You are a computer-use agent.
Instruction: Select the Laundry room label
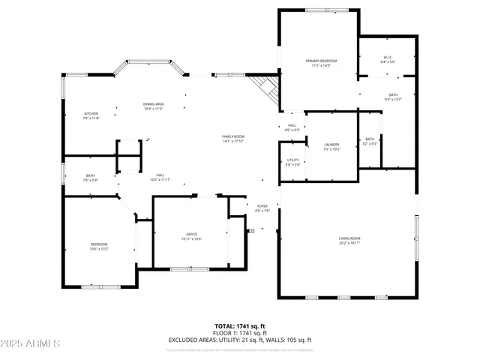(x=332, y=146)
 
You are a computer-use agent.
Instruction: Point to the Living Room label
(x=349, y=240)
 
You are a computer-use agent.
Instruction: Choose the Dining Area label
(x=154, y=106)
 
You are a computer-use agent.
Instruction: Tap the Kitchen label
(x=91, y=115)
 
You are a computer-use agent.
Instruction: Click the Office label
(x=191, y=236)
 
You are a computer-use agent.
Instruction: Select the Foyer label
(x=262, y=208)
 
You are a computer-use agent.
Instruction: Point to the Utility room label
(x=293, y=162)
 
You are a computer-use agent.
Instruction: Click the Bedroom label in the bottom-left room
(x=100, y=246)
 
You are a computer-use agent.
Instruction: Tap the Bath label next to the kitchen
(x=90, y=178)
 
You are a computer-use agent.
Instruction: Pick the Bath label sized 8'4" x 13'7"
(x=393, y=97)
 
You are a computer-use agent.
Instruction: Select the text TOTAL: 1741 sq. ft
(x=239, y=326)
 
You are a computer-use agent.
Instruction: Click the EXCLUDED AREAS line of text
(x=239, y=340)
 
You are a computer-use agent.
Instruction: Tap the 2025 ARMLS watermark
(x=31, y=343)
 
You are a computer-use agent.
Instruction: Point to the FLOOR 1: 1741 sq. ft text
(x=239, y=333)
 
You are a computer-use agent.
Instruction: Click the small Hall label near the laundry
(x=292, y=127)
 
